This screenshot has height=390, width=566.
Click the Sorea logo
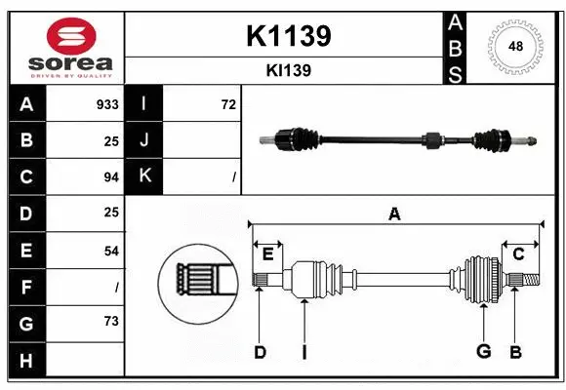pos(67,48)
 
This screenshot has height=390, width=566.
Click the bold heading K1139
pos(288,36)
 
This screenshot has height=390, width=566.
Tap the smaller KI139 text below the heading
pos(288,70)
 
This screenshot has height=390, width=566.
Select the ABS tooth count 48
pos(513,46)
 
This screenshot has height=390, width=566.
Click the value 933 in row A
pos(107,104)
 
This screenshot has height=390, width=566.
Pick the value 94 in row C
pos(110,177)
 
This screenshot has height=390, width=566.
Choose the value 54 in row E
pos(110,251)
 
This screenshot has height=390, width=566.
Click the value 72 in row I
pos(228,104)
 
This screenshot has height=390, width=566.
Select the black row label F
pos(26,287)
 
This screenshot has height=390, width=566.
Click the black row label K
pos(144,176)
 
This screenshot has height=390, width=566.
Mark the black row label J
pos(144,140)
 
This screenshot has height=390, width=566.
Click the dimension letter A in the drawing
pos(394,214)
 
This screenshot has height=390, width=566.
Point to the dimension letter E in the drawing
pos(267,253)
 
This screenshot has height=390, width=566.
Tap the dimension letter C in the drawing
pos(518,253)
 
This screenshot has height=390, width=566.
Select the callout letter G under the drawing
pos(483,352)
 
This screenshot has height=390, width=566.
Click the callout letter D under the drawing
pos(260,352)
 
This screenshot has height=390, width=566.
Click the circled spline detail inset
pos(198,280)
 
